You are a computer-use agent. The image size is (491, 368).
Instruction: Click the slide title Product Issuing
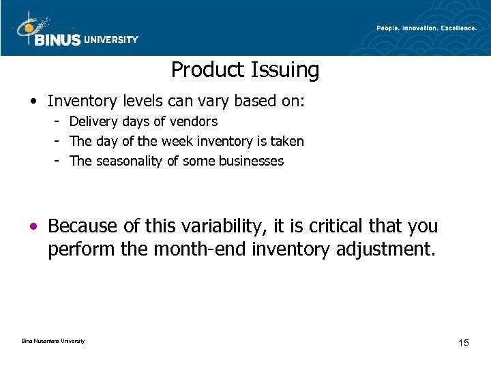245,70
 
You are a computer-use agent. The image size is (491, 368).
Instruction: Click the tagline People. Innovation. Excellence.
426,27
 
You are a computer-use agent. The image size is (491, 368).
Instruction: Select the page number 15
463,342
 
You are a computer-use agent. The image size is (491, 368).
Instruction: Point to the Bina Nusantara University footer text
48,341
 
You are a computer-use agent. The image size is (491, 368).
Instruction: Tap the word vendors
194,122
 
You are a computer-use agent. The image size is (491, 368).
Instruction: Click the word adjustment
385,249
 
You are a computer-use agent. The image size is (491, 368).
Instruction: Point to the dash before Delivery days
59,122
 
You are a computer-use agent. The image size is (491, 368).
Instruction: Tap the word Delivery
93,122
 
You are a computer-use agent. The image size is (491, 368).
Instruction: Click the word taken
288,142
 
